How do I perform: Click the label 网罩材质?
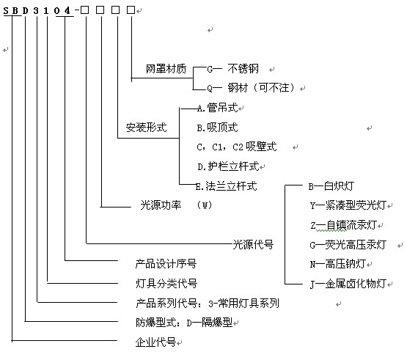(166, 69)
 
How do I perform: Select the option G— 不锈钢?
(232, 69)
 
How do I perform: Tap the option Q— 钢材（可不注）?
(251, 88)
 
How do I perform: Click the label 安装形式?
(147, 128)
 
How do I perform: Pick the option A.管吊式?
(217, 108)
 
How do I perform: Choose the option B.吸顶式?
(217, 128)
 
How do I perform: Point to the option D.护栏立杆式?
(228, 166)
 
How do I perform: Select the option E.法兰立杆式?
(227, 185)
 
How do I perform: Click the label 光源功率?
(161, 205)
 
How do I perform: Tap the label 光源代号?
(253, 244)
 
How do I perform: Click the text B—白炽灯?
(331, 186)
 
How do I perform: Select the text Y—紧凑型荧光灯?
(348, 205)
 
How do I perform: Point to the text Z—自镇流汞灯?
(343, 225)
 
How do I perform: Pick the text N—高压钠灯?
(338, 264)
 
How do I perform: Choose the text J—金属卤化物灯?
(348, 284)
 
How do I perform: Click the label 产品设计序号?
(166, 264)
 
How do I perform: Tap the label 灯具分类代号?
(166, 283)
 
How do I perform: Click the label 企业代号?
(155, 342)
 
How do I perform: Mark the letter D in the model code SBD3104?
(25, 11)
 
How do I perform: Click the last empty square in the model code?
(131, 10)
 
